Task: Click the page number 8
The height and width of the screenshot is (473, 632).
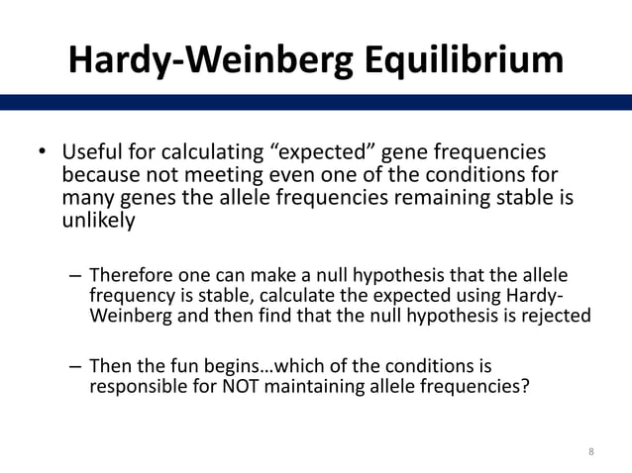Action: click(x=591, y=452)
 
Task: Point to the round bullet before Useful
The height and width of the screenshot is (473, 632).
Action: click(x=43, y=154)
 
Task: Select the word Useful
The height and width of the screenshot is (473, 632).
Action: click(x=91, y=154)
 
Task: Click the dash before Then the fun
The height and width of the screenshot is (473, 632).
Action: click(x=75, y=364)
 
